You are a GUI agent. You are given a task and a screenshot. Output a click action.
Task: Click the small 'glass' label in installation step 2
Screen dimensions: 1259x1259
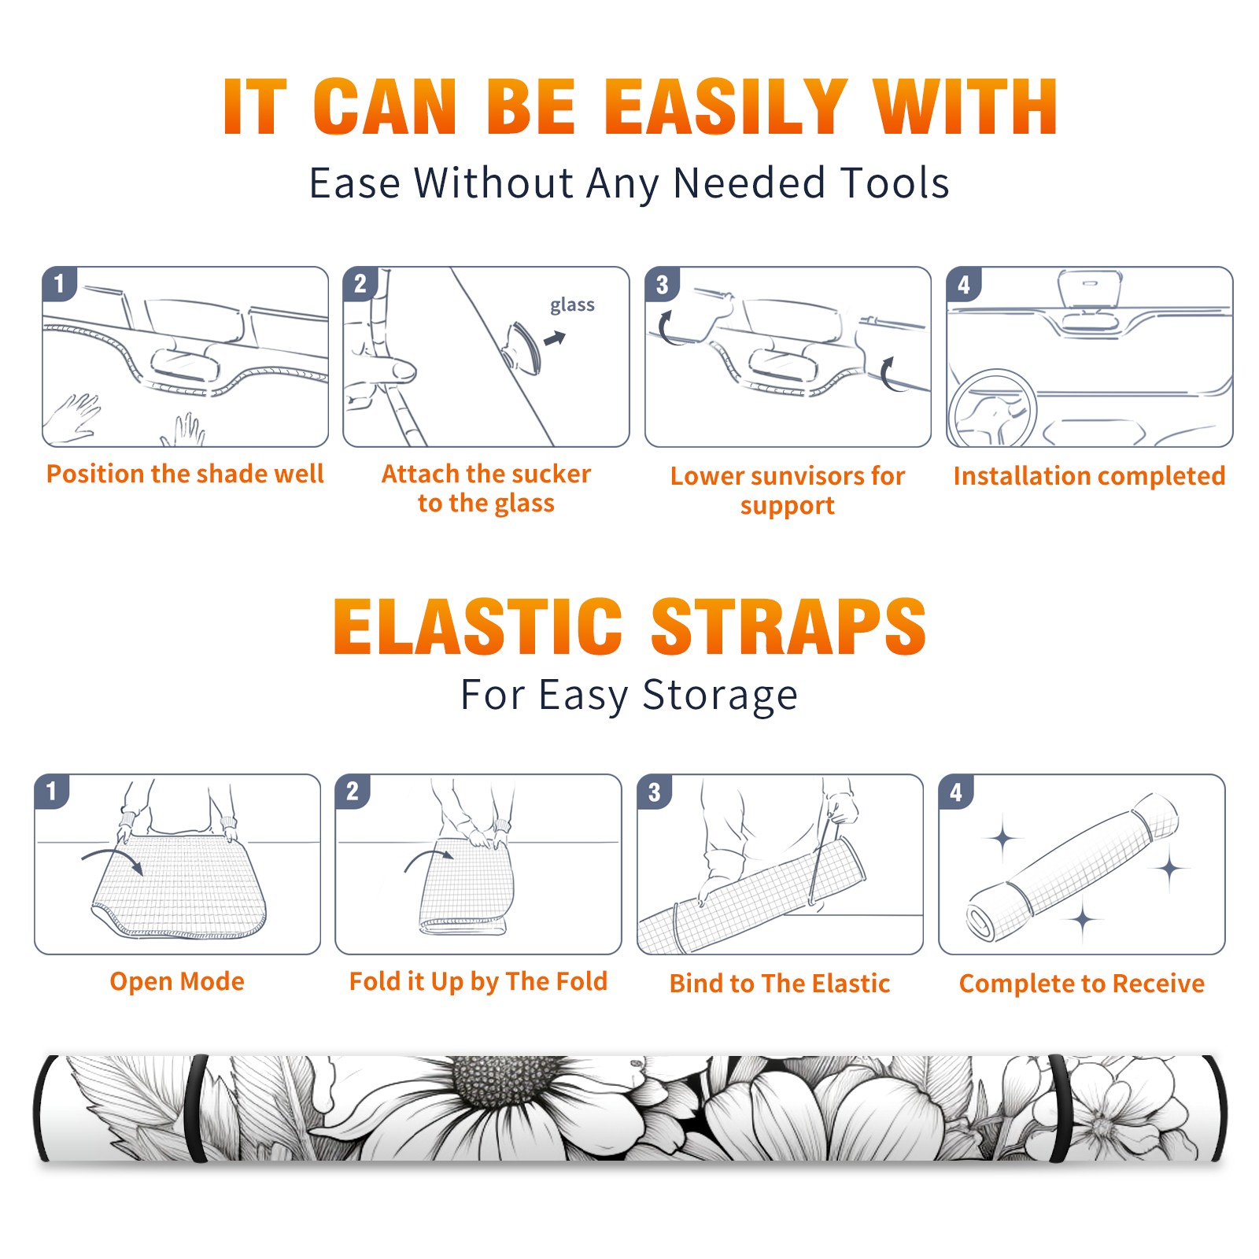pos(572,305)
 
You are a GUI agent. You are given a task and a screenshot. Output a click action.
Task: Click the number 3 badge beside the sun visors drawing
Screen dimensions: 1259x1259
pos(662,284)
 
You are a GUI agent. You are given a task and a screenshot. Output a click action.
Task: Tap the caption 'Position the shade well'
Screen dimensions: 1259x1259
pos(185,474)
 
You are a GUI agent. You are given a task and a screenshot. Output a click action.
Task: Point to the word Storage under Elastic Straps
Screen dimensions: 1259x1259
pos(720,696)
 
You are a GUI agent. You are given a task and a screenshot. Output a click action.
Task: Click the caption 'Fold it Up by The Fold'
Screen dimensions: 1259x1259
pos(478,981)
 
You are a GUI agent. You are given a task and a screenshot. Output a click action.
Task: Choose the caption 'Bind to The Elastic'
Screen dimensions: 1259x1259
pos(780,984)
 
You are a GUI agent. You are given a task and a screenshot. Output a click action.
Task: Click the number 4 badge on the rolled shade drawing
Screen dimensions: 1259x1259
pos(956,792)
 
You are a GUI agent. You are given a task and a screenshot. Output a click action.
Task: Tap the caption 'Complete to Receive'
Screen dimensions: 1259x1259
pos(1082,984)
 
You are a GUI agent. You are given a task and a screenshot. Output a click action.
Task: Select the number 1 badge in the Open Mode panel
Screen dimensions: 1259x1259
pos(52,792)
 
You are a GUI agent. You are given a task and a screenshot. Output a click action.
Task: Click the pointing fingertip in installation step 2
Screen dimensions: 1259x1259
pos(404,371)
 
